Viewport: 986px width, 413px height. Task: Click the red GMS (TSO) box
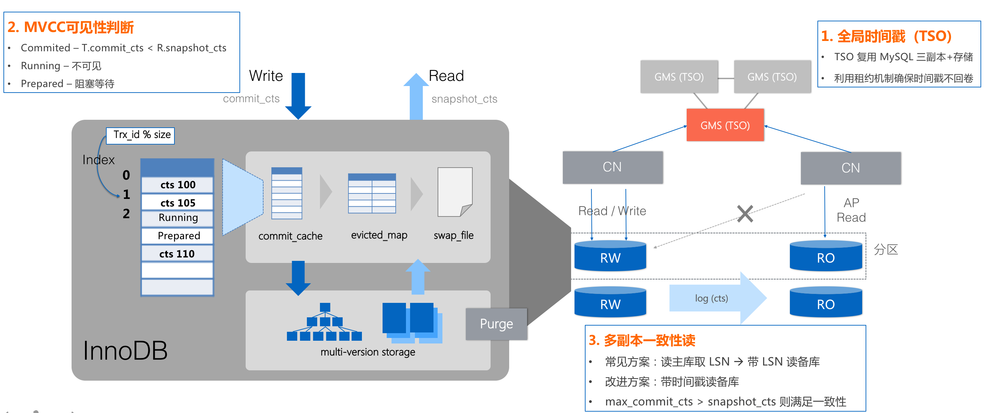725,125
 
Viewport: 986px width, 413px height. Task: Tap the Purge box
496,324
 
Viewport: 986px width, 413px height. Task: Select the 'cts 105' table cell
178,202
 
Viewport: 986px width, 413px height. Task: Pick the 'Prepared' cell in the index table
178,235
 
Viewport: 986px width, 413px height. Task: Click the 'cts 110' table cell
177,253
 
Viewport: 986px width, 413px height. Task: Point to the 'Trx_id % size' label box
140,135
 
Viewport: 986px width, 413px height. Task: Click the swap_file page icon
455,192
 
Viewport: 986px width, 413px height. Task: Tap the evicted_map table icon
372,193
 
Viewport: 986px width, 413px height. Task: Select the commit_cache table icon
287,193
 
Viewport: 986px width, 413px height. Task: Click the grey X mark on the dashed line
745,214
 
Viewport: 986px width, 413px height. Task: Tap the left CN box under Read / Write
612,167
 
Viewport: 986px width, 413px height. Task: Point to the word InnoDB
125,350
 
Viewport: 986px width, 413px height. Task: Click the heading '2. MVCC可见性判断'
71,27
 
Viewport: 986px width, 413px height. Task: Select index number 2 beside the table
126,214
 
